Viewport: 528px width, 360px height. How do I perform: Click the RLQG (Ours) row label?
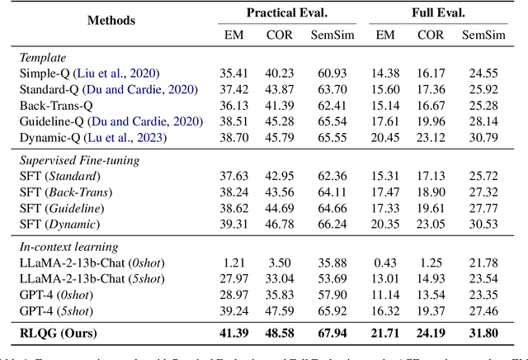point(71,334)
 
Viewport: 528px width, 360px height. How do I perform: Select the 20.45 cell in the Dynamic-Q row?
point(387,136)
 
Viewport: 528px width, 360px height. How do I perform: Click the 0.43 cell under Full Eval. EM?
point(387,263)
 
